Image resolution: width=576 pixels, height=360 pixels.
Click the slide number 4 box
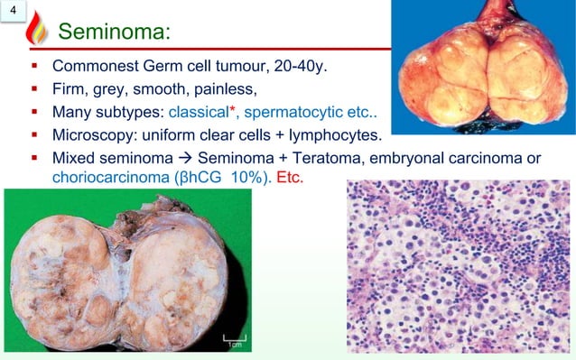11,11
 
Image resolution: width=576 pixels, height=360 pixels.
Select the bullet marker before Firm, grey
33,90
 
